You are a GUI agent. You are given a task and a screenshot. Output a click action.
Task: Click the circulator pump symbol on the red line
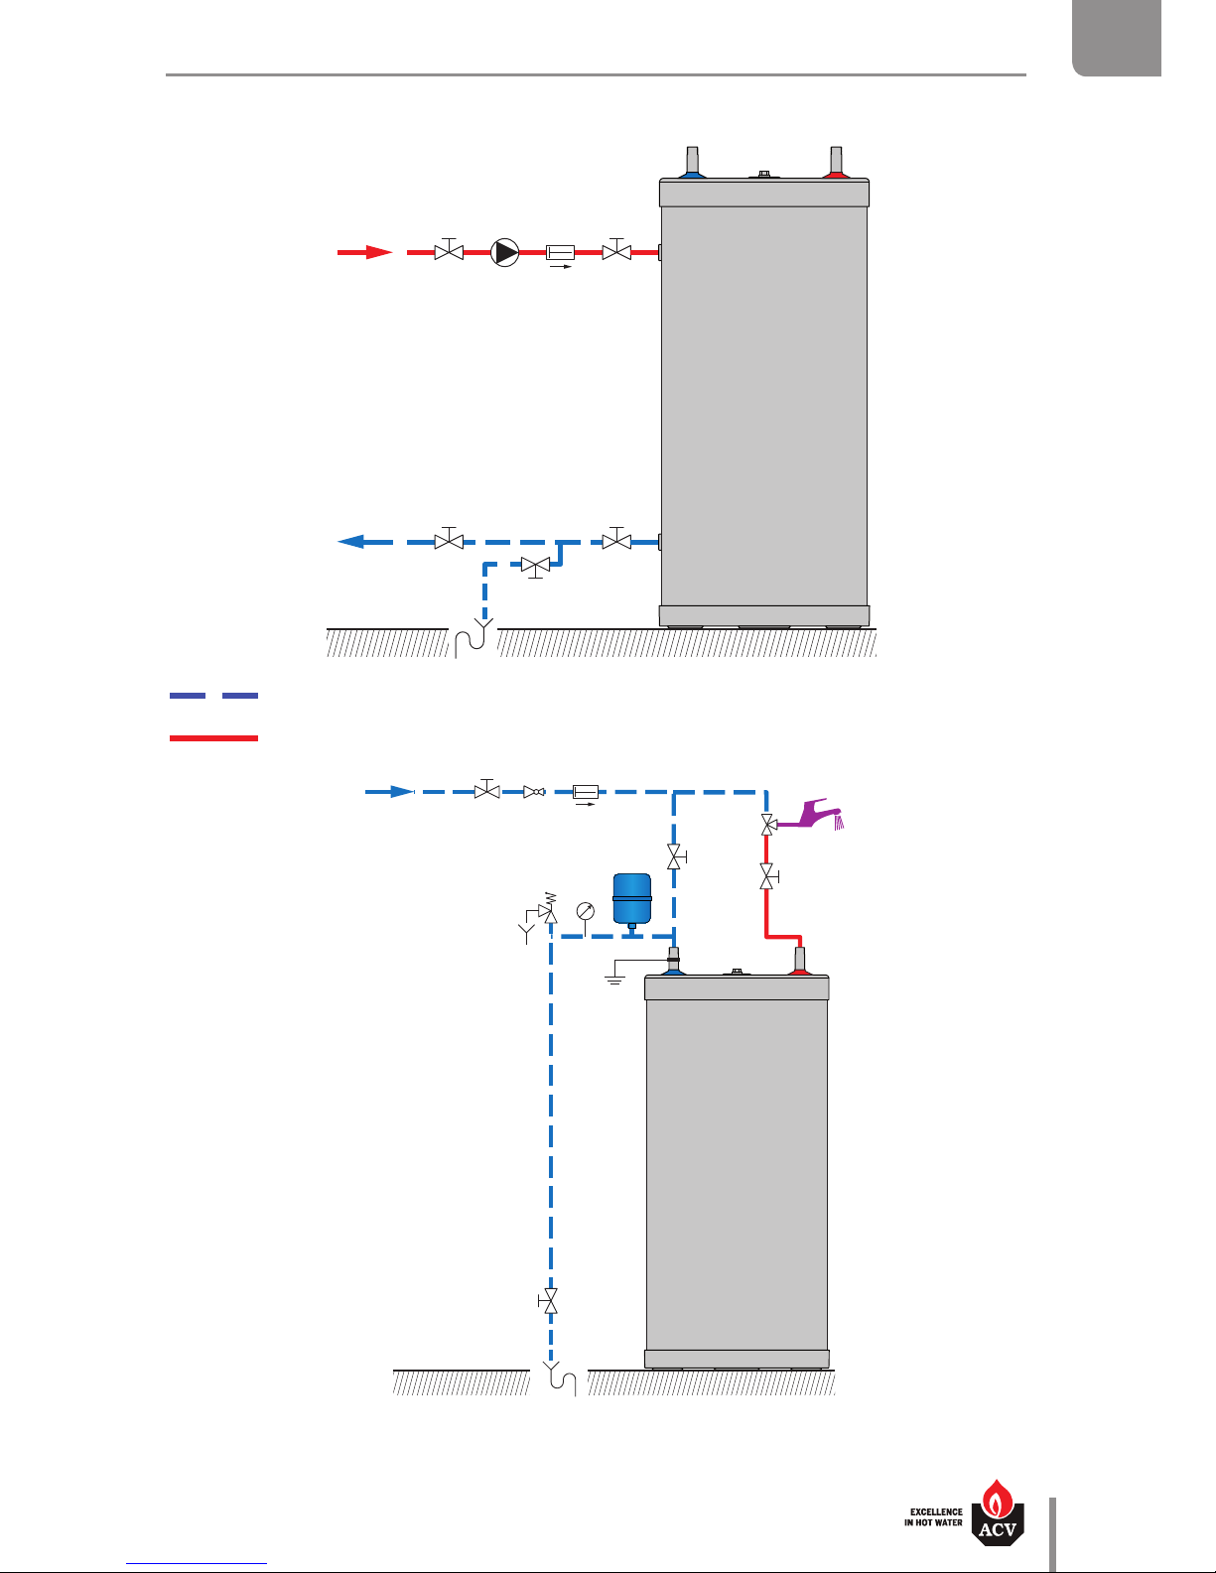(x=505, y=252)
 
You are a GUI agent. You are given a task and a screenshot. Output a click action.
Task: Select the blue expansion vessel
(x=631, y=898)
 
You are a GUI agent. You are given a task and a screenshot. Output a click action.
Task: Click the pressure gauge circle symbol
(x=586, y=909)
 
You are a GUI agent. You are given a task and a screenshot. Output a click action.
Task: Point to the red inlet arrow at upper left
(x=365, y=252)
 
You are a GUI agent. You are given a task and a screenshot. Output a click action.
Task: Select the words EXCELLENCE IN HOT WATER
(x=933, y=1517)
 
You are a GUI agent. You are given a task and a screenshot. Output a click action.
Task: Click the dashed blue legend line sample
(x=213, y=696)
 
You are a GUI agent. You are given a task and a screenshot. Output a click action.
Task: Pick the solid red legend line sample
(x=213, y=738)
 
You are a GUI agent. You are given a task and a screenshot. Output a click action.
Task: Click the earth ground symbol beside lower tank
(x=614, y=976)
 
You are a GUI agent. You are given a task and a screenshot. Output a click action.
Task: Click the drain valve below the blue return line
(x=536, y=567)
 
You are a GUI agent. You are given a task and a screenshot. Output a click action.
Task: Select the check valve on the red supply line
(x=561, y=253)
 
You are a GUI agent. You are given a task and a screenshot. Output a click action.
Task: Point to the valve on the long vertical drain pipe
(x=548, y=1301)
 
